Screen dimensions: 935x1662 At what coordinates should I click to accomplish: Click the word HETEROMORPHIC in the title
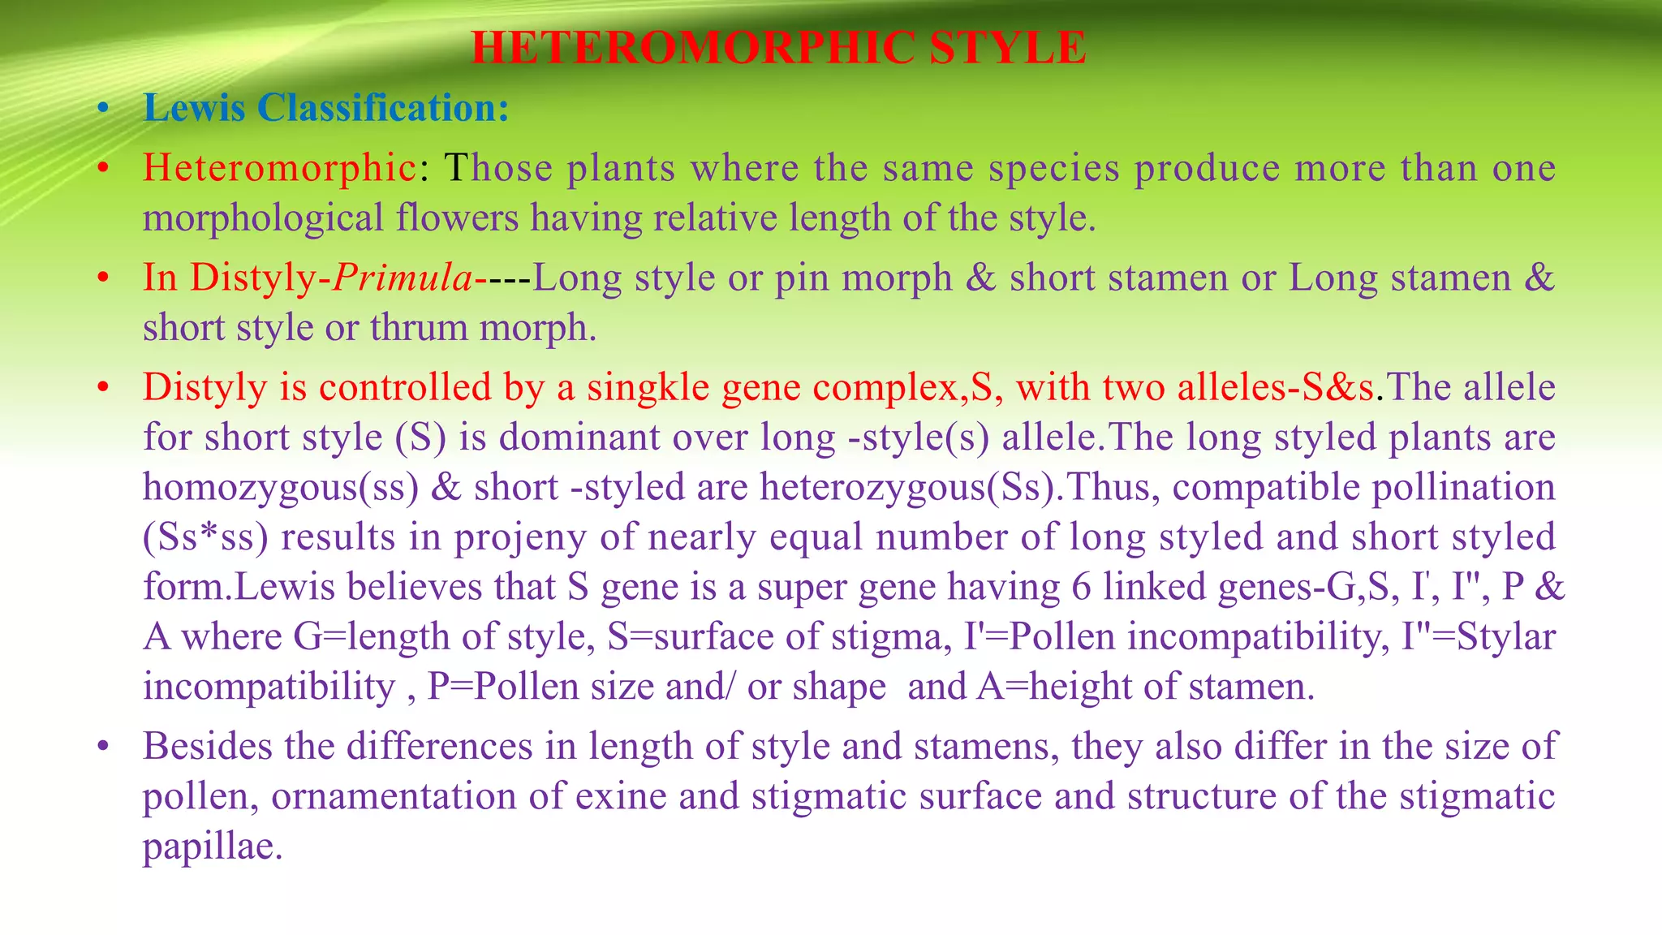coord(693,47)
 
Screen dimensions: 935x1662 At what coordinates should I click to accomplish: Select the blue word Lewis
coord(194,107)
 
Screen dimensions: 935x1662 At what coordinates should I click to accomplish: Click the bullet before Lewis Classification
coord(102,109)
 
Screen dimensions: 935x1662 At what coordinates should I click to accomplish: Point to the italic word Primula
coord(403,278)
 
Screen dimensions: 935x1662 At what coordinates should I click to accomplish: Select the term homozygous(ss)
coord(281,488)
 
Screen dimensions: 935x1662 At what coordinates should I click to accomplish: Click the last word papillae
coord(213,847)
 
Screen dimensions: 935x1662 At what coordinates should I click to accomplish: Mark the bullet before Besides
coord(102,747)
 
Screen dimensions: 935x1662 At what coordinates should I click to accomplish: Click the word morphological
coord(263,218)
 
